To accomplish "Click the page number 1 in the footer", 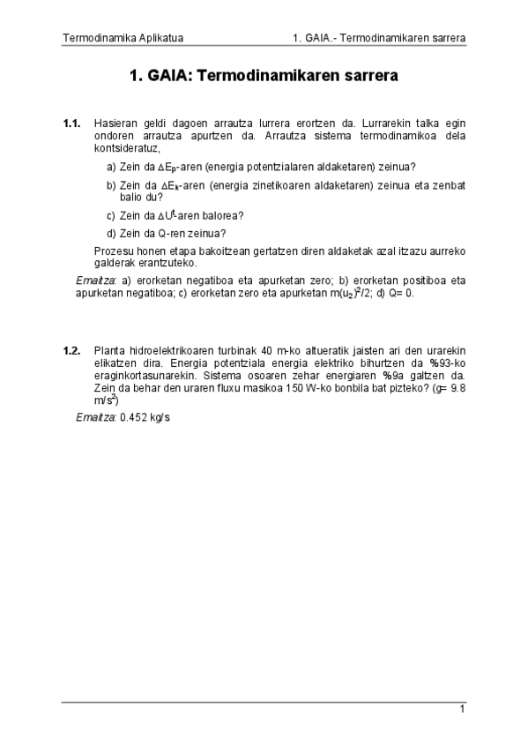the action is coord(461,709).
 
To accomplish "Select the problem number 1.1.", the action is coord(72,124).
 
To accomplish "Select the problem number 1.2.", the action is coord(72,350).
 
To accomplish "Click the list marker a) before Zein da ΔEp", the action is coord(111,167).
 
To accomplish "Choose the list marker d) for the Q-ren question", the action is coord(111,234).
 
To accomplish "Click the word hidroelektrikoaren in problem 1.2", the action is coord(168,350).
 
